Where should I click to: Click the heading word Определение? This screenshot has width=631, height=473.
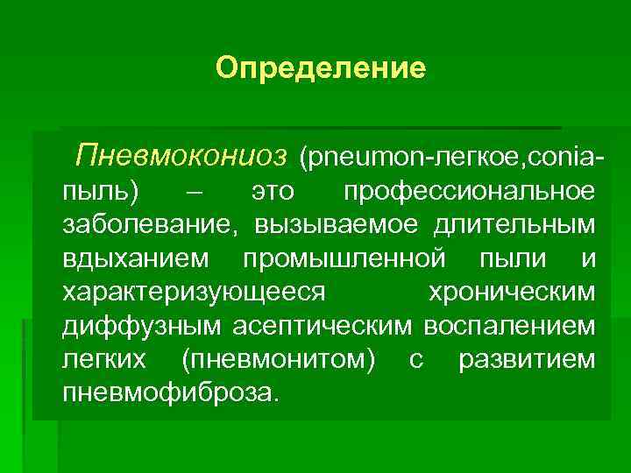tap(321, 67)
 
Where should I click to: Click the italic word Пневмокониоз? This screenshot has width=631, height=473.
tap(181, 156)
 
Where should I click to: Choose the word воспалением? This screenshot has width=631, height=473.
tap(510, 325)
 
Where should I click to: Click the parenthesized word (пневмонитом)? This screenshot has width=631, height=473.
tap(276, 359)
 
